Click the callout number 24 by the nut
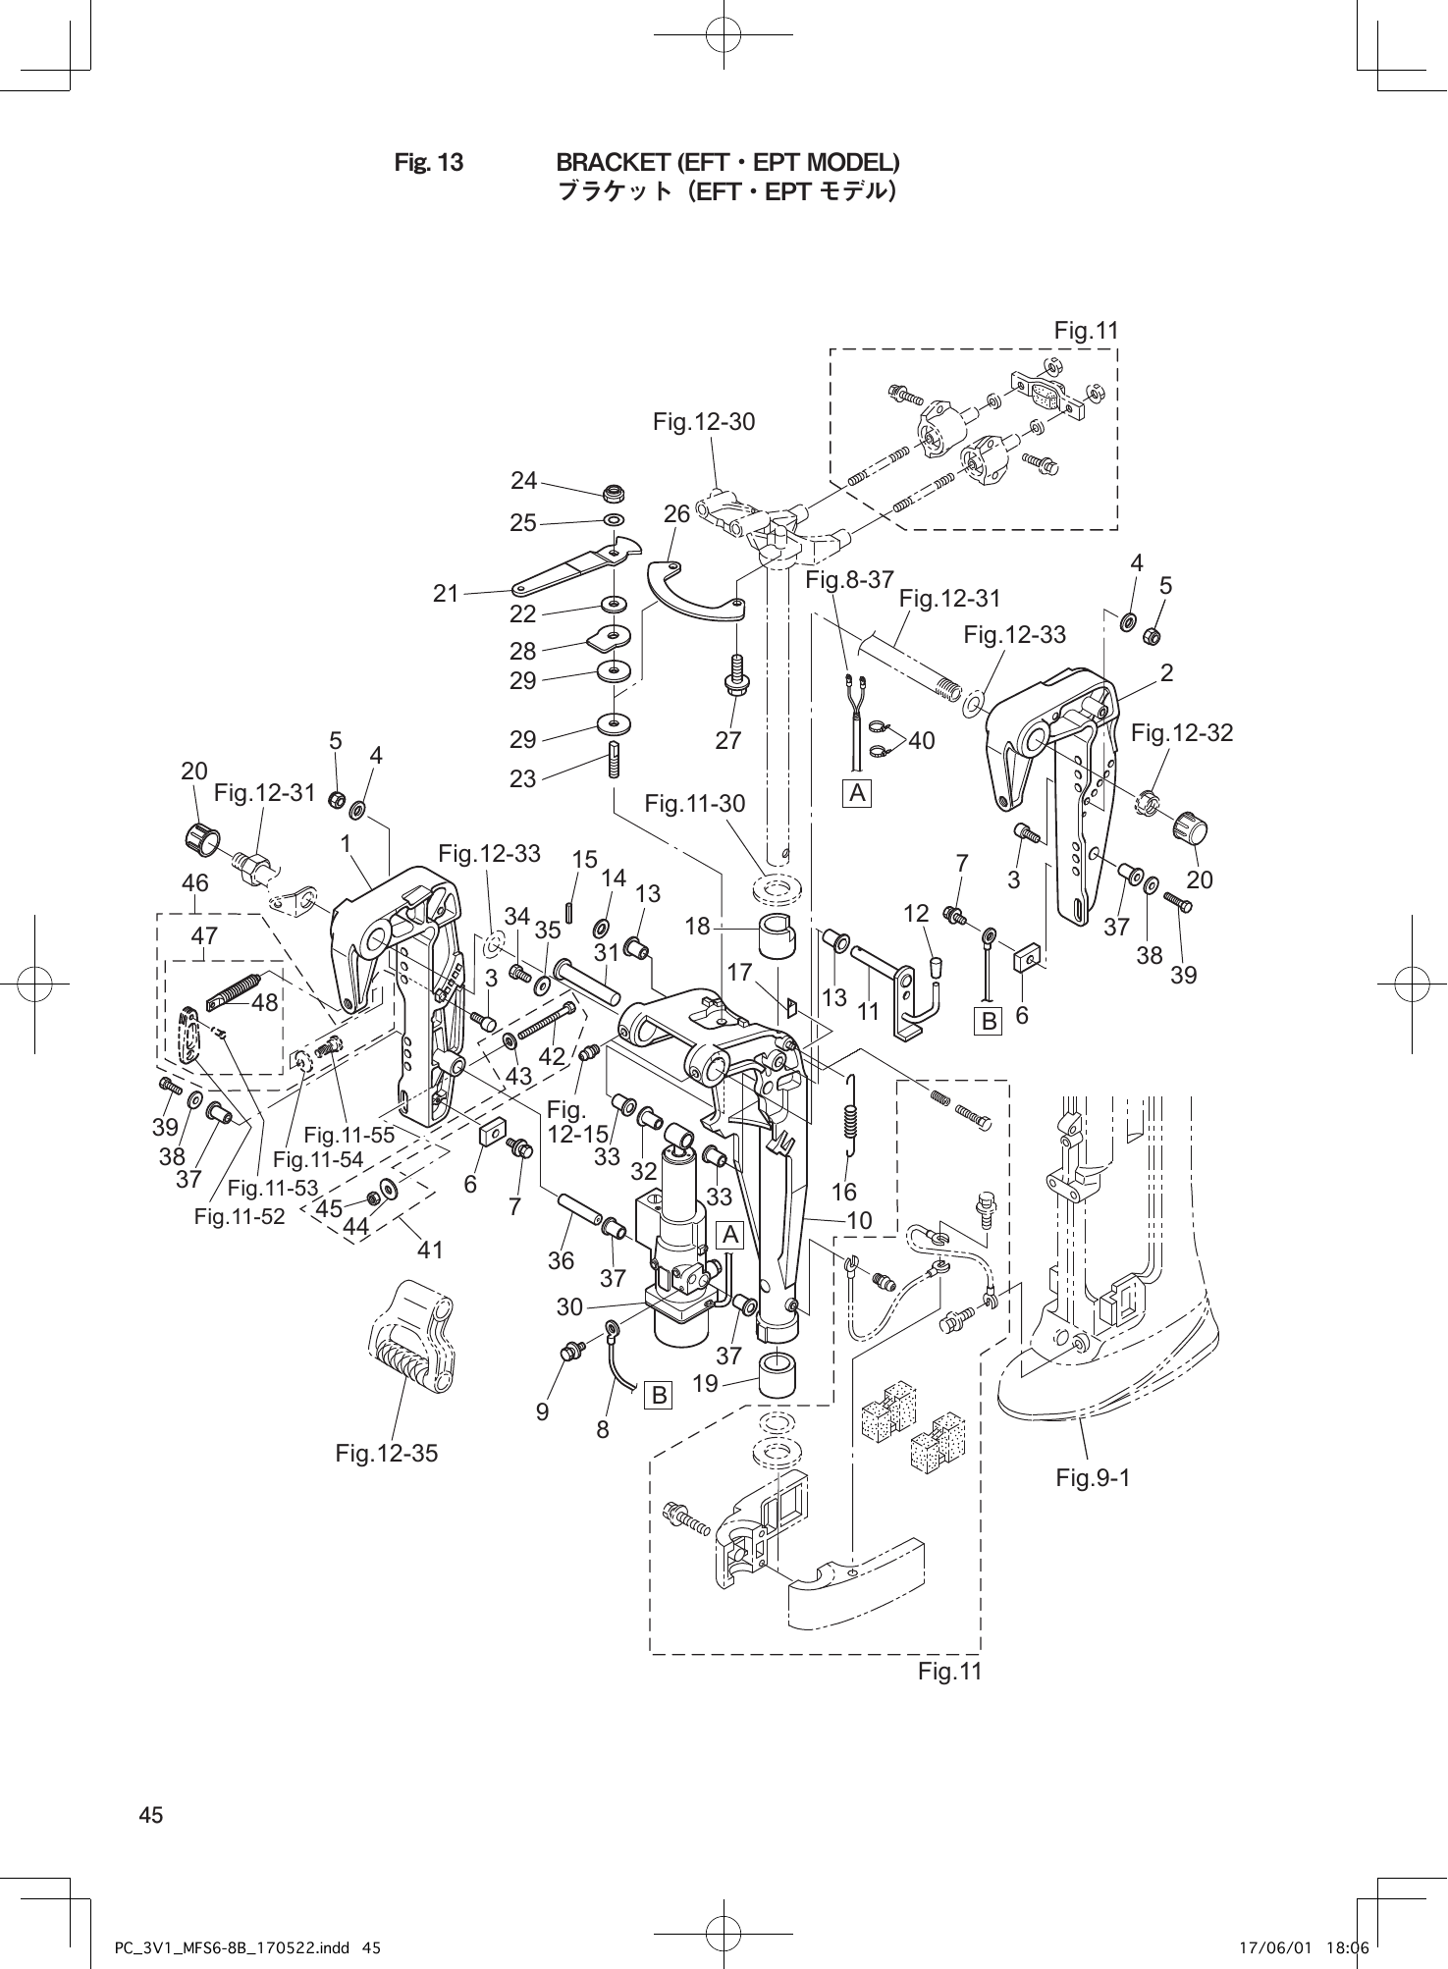[x=524, y=481]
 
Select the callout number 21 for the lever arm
[x=447, y=594]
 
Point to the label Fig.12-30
[x=704, y=422]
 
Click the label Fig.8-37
[x=849, y=580]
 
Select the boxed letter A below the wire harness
[x=859, y=793]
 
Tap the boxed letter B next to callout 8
[x=659, y=1394]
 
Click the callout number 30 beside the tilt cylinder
[x=569, y=1307]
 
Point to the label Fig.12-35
[x=387, y=1454]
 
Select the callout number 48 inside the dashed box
[x=265, y=1004]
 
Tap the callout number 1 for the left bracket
[x=346, y=843]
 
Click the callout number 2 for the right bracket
[x=1166, y=673]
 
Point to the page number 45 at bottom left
[x=150, y=1816]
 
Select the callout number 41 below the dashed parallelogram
[x=430, y=1250]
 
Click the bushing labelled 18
[x=777, y=938]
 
